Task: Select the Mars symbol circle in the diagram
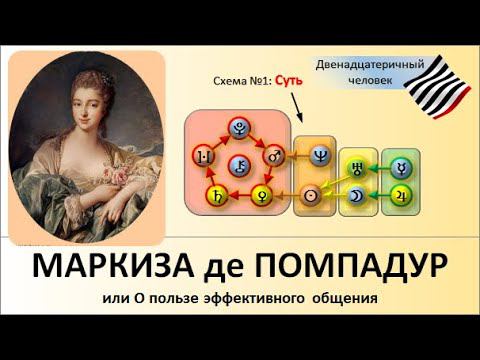[271, 157]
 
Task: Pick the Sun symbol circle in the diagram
[319, 194]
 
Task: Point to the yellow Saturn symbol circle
[212, 194]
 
